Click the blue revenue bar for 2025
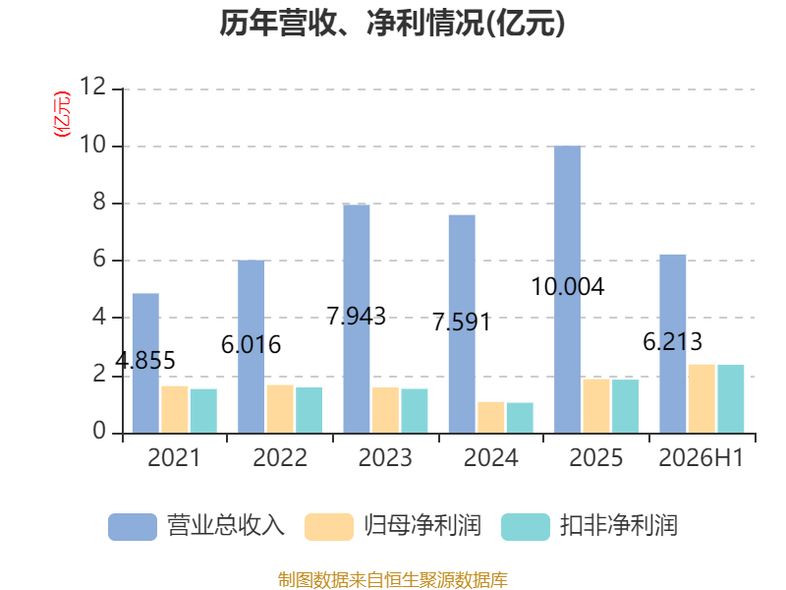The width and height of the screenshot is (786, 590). (568, 289)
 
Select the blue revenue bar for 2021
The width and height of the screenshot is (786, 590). (145, 363)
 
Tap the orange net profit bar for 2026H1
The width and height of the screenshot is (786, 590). (702, 399)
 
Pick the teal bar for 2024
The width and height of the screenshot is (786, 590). (520, 418)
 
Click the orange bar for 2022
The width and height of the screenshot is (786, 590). (280, 409)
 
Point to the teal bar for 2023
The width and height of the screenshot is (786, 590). (415, 411)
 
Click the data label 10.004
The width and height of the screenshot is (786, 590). (568, 287)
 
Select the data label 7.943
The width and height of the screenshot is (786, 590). (357, 316)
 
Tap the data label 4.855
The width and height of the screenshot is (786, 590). (145, 360)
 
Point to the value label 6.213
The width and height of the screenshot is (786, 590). (673, 342)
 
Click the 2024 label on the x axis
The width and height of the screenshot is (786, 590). (490, 457)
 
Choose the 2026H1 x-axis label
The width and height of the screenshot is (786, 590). (702, 457)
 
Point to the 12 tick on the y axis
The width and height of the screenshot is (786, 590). (92, 87)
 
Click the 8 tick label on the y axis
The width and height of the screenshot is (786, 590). (99, 202)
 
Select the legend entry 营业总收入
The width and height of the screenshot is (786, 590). (196, 526)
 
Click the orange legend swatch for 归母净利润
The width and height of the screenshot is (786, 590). (329, 527)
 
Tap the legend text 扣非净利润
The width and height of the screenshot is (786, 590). (619, 526)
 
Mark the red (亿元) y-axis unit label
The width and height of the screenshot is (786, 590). (62, 114)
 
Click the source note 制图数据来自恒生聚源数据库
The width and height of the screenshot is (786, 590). (393, 580)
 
